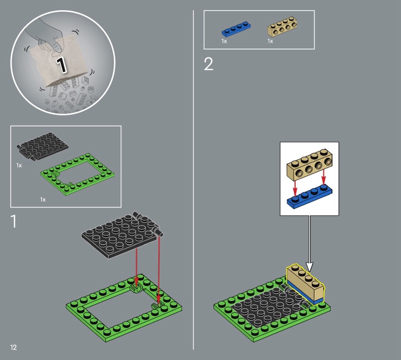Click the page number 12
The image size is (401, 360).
14,347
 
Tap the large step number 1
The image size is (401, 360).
14,221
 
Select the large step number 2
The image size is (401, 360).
209,64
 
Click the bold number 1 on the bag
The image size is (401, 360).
61,65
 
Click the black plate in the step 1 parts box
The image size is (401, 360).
43,146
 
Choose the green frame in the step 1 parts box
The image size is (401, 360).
78,174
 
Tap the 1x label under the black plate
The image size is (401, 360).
19,165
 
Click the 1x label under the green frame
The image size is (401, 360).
43,200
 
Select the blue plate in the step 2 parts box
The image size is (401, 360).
236,29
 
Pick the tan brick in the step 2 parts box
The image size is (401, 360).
282,27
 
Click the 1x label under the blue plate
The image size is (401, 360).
224,41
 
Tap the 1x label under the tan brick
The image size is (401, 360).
270,41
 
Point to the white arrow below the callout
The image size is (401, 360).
309,244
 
